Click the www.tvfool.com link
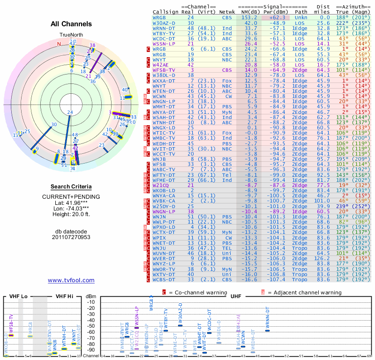click(x=71, y=280)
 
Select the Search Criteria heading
click(x=71, y=187)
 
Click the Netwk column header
click(x=227, y=12)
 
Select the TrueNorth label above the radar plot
click(x=71, y=35)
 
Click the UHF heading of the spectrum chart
click(x=235, y=296)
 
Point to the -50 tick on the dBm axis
click(x=90, y=326)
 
